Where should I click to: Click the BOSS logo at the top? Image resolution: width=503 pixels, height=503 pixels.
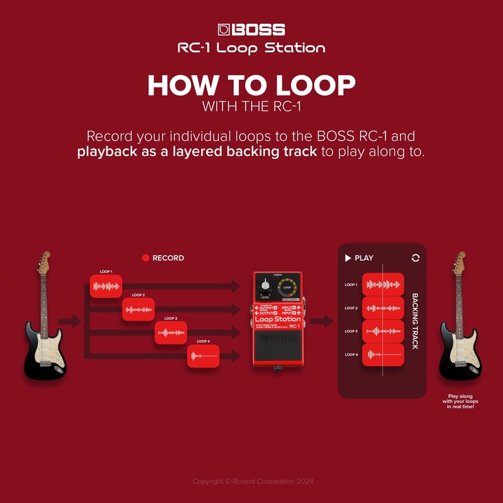(x=251, y=30)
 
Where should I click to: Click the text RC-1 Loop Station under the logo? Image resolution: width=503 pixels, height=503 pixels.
(x=251, y=48)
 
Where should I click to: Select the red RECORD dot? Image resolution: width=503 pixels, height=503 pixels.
(x=146, y=258)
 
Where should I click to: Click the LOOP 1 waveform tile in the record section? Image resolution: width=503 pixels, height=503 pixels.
(x=106, y=286)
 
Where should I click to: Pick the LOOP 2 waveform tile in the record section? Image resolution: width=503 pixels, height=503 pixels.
(x=138, y=309)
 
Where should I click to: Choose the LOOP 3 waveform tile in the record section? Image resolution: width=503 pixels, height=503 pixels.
(x=171, y=332)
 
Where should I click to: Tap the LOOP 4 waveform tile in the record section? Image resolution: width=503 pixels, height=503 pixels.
(x=203, y=356)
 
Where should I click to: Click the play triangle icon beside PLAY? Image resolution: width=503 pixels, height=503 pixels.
(x=348, y=258)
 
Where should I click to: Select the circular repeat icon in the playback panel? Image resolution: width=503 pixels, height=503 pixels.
(x=415, y=258)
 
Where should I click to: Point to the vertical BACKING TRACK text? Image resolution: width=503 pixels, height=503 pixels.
(x=415, y=321)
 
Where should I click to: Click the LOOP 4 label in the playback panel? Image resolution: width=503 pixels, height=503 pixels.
(x=351, y=355)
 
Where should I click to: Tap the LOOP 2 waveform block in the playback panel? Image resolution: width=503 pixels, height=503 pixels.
(x=383, y=308)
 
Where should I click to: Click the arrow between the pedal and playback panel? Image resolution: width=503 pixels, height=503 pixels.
(x=321, y=322)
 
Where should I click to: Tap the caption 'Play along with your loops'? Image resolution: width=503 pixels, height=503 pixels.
(x=461, y=401)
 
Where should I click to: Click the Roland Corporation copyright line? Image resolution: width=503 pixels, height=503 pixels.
(x=252, y=481)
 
